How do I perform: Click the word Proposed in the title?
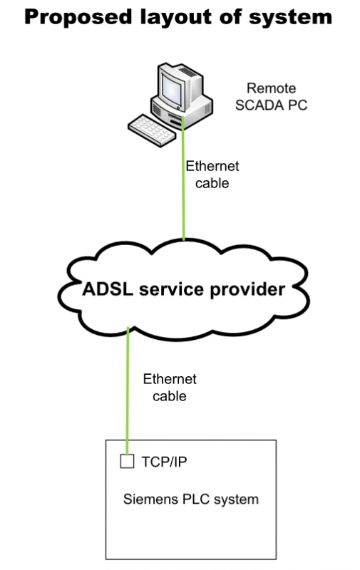[78, 17]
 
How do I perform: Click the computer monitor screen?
[172, 88]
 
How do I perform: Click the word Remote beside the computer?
[272, 88]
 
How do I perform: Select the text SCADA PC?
[272, 105]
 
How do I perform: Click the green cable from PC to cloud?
[183, 179]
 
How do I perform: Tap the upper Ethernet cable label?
[212, 175]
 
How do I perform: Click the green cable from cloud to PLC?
[128, 391]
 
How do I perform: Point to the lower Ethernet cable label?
[170, 388]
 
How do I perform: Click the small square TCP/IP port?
[127, 461]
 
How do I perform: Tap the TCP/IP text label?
[164, 462]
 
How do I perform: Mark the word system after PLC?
[237, 500]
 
